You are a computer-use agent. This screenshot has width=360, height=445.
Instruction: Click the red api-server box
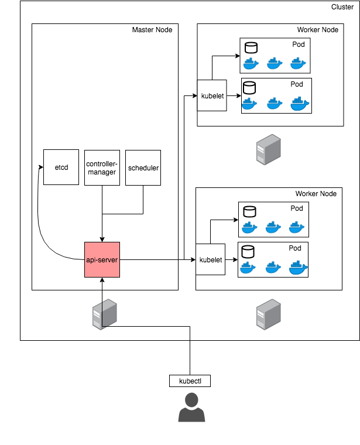click(102, 259)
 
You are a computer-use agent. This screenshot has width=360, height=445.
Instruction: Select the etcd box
click(61, 167)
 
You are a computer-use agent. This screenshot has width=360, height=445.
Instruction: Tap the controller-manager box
click(102, 167)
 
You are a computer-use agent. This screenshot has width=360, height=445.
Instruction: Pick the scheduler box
click(143, 167)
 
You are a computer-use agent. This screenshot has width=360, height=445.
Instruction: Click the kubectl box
click(190, 381)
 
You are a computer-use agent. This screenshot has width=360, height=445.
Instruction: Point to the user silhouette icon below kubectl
click(191, 408)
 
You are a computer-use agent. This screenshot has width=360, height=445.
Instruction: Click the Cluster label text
click(342, 7)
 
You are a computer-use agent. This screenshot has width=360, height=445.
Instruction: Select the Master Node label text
click(152, 30)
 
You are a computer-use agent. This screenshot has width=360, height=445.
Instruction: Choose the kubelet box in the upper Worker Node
click(212, 95)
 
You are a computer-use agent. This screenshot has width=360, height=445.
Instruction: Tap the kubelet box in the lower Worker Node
click(210, 259)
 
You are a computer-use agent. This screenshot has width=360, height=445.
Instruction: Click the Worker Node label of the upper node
click(317, 30)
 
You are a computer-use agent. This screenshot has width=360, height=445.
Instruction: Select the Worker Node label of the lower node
click(316, 193)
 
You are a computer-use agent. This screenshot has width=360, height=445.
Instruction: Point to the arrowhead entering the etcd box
click(41, 167)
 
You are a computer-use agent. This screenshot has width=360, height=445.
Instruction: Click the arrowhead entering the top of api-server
click(102, 239)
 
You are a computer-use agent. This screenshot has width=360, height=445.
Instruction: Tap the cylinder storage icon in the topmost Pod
click(252, 47)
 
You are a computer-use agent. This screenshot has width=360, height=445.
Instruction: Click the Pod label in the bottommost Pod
click(295, 248)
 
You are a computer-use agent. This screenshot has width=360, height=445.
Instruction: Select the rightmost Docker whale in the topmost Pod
click(299, 63)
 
